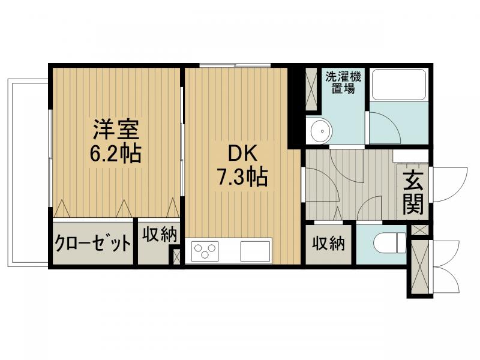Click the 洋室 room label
(x=116, y=129)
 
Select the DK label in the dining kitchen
(x=242, y=154)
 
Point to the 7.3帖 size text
(x=242, y=178)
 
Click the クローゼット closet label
(x=93, y=244)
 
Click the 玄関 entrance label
(x=413, y=193)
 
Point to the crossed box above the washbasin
(x=312, y=89)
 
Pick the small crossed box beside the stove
(x=176, y=256)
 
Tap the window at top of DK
(x=235, y=65)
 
